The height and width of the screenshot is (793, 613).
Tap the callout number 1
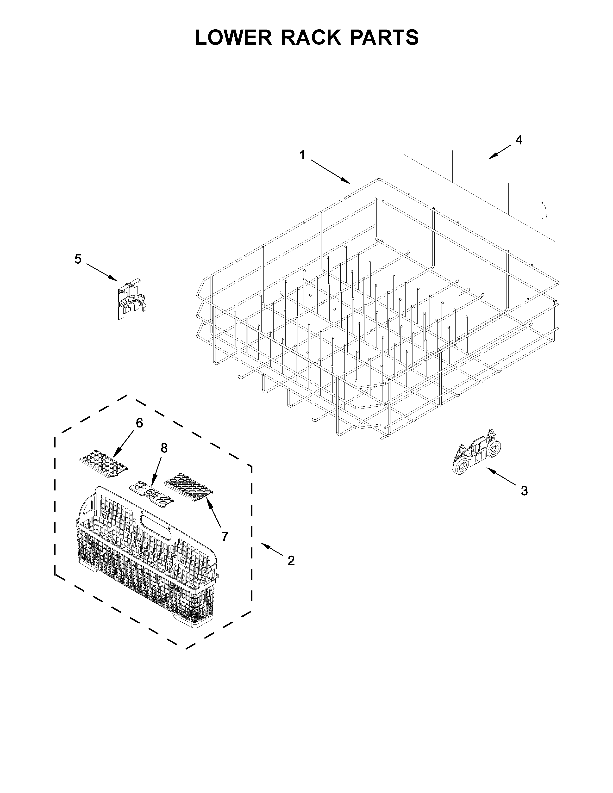point(302,155)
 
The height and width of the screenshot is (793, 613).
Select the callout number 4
point(519,140)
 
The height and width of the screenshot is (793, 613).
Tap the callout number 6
point(139,423)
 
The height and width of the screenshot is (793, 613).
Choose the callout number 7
point(225,536)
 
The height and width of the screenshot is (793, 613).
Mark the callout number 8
point(164,448)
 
